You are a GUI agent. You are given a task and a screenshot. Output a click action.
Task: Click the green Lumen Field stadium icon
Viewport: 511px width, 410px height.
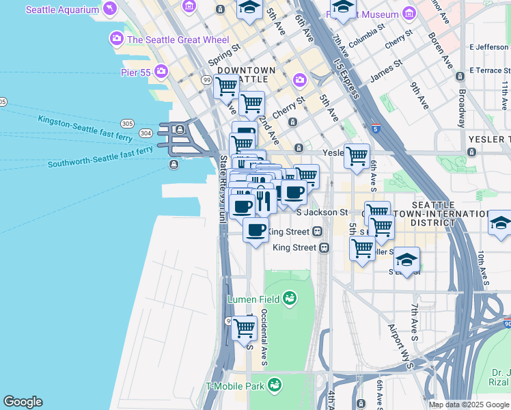point(290,297)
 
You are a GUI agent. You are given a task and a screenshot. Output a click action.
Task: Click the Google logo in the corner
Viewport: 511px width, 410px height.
point(23,402)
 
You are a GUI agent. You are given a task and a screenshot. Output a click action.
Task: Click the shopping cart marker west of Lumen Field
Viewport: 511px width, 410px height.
point(244,328)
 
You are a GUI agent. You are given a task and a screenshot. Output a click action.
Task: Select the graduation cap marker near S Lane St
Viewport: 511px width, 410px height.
point(406,260)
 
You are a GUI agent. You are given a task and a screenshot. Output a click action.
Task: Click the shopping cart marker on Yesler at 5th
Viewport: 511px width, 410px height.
point(357,156)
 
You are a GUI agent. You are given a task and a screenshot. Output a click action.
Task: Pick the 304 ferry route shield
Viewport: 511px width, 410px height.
point(145,133)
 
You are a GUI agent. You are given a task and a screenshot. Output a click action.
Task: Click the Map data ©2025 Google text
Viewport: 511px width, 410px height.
point(468,405)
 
